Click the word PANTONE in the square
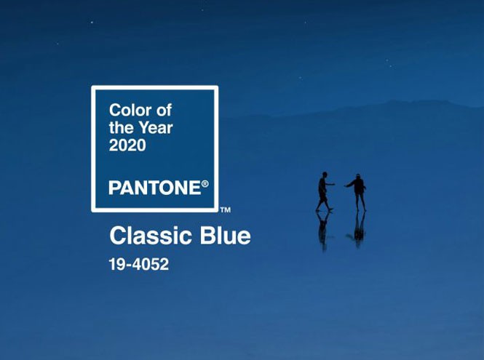click(154, 188)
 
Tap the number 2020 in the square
click(127, 145)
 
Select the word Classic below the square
click(151, 236)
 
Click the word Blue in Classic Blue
click(226, 236)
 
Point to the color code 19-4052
click(139, 265)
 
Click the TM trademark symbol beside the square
click(226, 210)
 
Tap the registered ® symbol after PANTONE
click(205, 184)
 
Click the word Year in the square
click(156, 128)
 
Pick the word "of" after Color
click(164, 110)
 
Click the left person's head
click(325, 175)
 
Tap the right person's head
click(358, 176)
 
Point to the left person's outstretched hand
click(333, 184)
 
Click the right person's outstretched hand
click(346, 185)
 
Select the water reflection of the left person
click(323, 231)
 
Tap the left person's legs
click(323, 202)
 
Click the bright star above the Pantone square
click(92, 23)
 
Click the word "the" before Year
click(122, 128)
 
